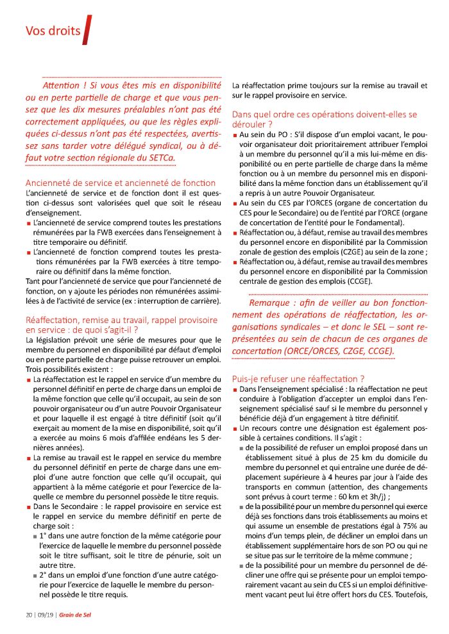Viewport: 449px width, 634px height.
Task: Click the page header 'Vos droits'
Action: [x=52, y=30]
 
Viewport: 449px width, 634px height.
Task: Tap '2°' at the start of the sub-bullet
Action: [x=45, y=574]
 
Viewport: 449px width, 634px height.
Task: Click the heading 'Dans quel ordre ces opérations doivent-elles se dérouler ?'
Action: [x=324, y=119]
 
